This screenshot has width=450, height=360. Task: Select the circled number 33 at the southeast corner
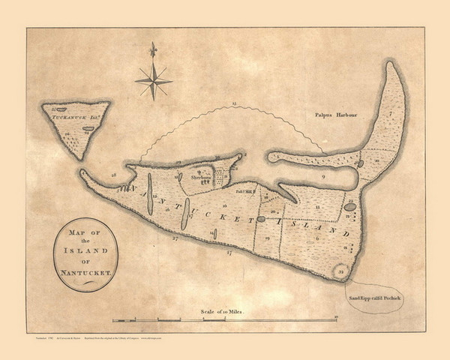tap(341, 269)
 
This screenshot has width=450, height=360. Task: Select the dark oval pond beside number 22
tap(349, 206)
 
